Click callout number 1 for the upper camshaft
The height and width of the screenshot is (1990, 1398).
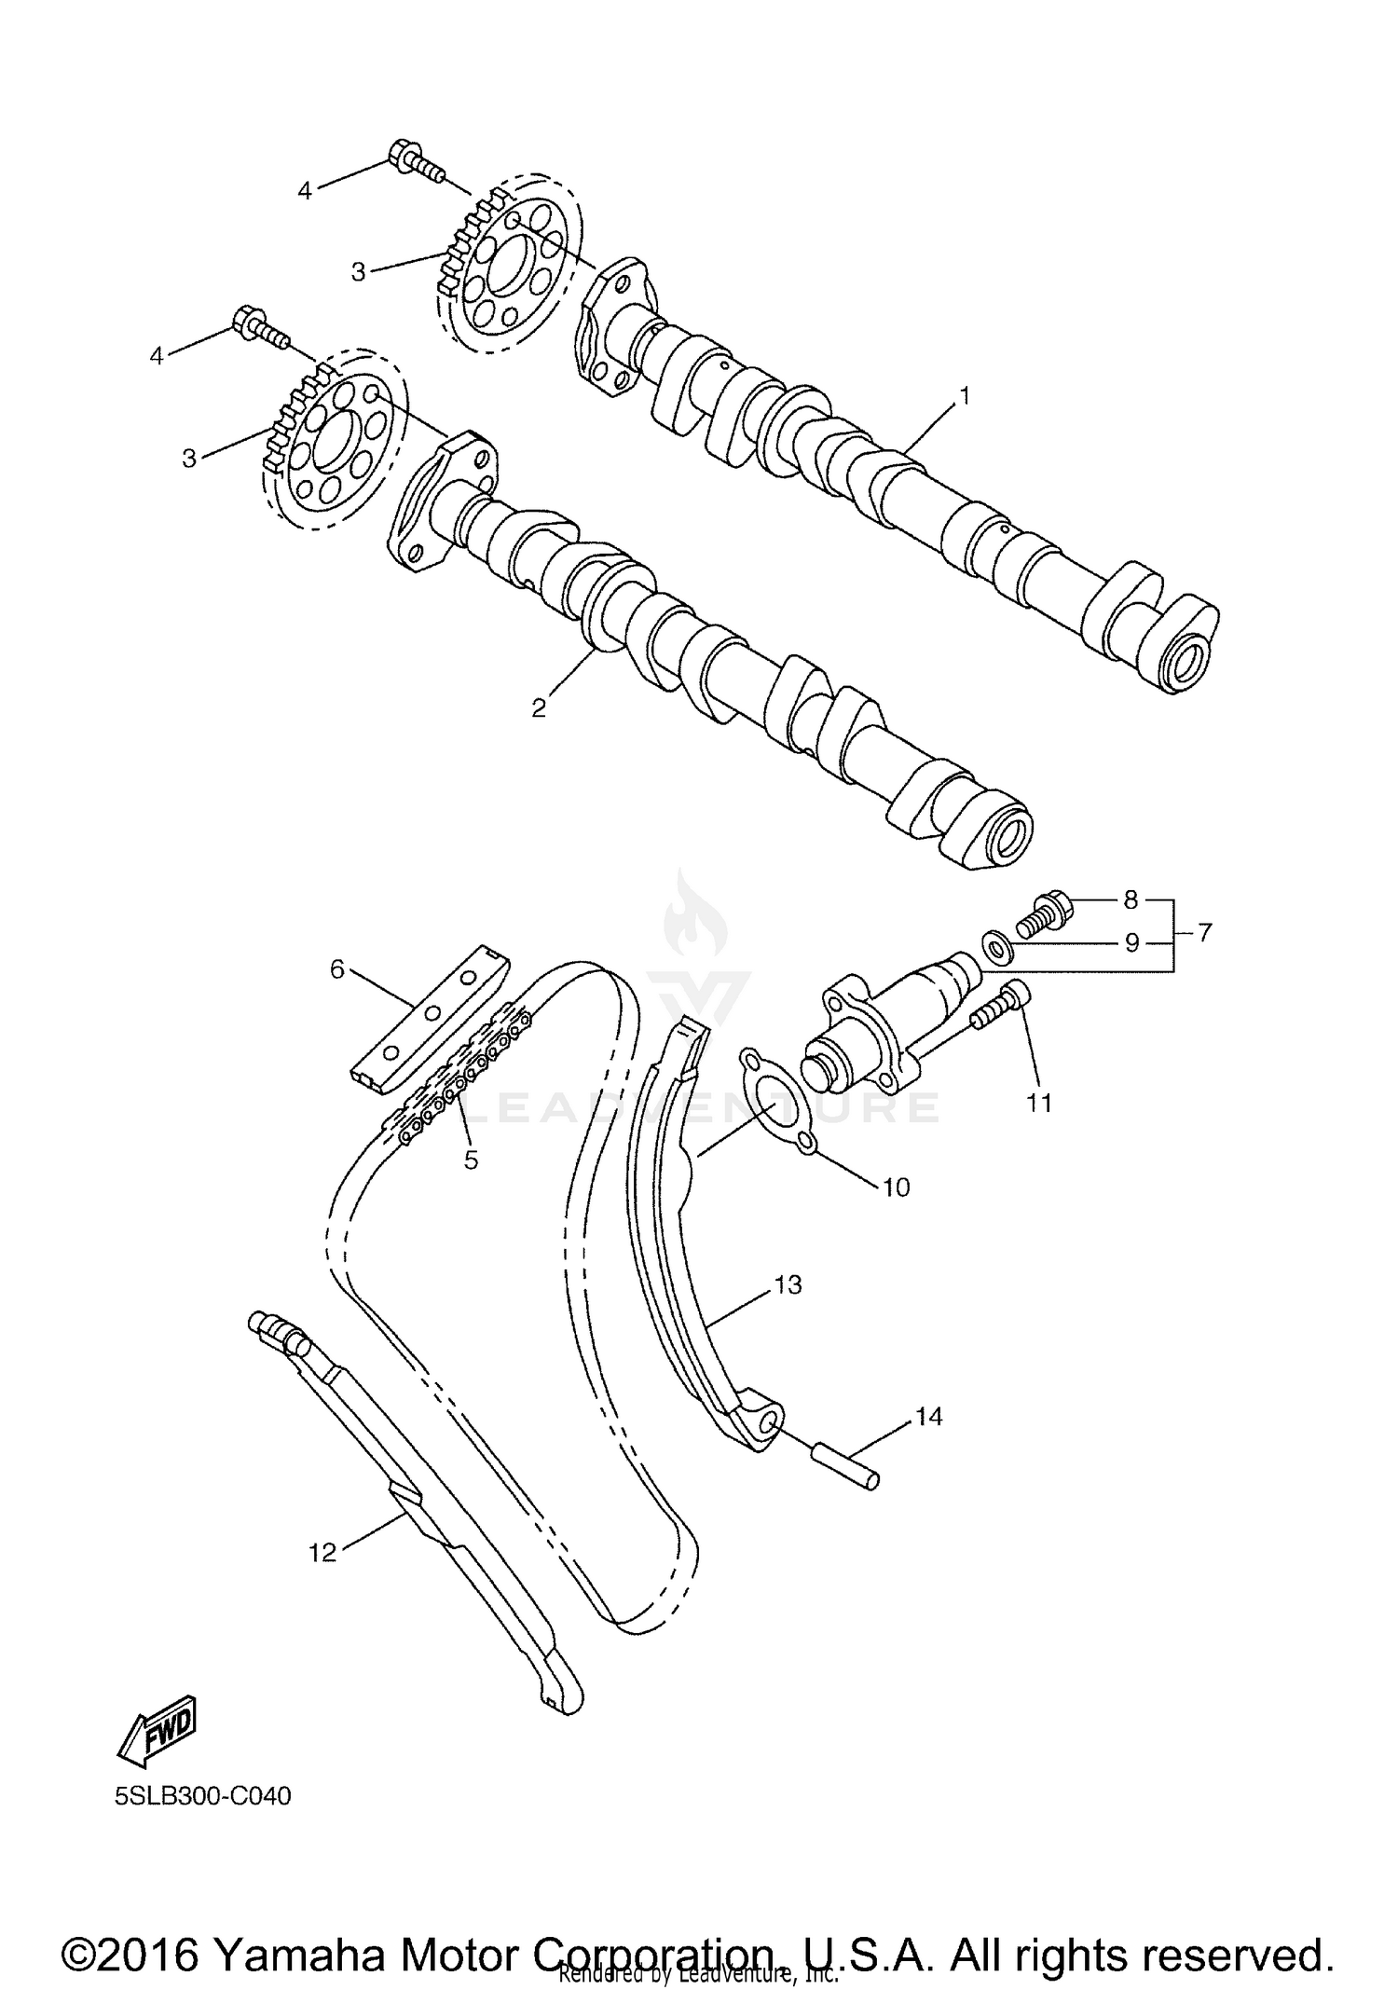click(x=966, y=396)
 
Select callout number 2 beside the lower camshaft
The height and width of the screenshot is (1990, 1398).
click(x=539, y=708)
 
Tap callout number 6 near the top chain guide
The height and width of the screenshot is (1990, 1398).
click(x=336, y=969)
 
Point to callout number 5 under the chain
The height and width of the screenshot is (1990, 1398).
click(x=471, y=1160)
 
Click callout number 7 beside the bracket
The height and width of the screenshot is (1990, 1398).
click(x=1204, y=932)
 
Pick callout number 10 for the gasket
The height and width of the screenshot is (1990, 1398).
click(x=896, y=1187)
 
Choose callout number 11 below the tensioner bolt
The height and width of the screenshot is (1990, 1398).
click(x=1038, y=1104)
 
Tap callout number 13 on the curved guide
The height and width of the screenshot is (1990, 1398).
click(x=788, y=1285)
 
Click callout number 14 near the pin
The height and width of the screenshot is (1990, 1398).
click(x=928, y=1418)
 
